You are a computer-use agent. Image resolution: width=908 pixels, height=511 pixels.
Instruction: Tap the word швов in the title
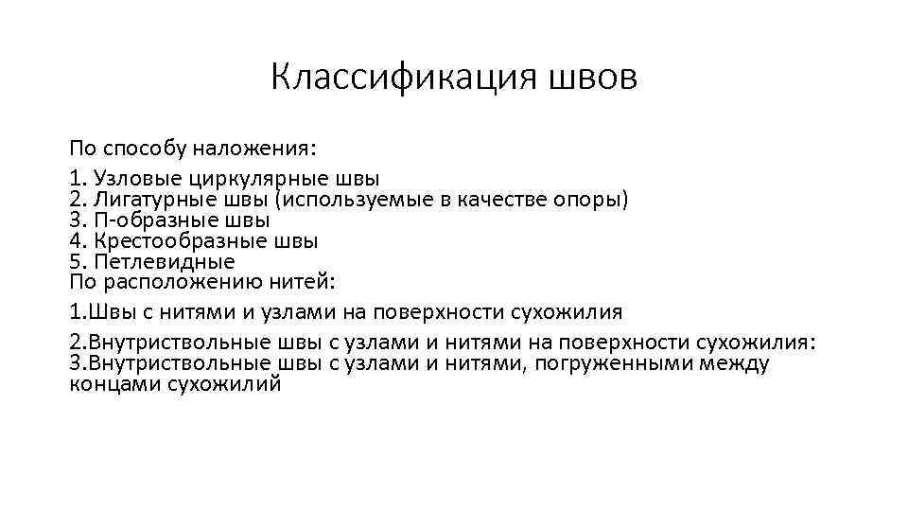592,77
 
